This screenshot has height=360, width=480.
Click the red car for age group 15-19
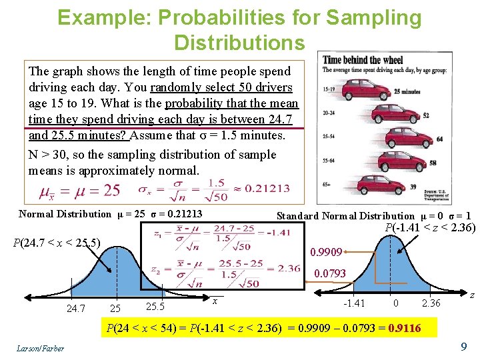click(x=371, y=88)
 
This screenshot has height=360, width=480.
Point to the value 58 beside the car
click(x=433, y=163)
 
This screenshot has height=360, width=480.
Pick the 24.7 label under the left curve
click(x=75, y=308)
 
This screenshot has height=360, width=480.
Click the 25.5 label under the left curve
click(x=155, y=307)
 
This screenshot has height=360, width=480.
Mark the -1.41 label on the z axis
click(x=353, y=303)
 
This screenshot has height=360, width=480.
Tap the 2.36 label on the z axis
click(x=431, y=303)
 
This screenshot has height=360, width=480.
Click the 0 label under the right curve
click(x=396, y=303)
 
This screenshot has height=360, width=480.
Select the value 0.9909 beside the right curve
click(x=327, y=253)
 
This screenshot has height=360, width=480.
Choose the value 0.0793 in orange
click(x=330, y=273)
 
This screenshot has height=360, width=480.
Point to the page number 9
click(x=463, y=347)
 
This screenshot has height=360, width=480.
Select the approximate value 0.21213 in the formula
click(x=267, y=188)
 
